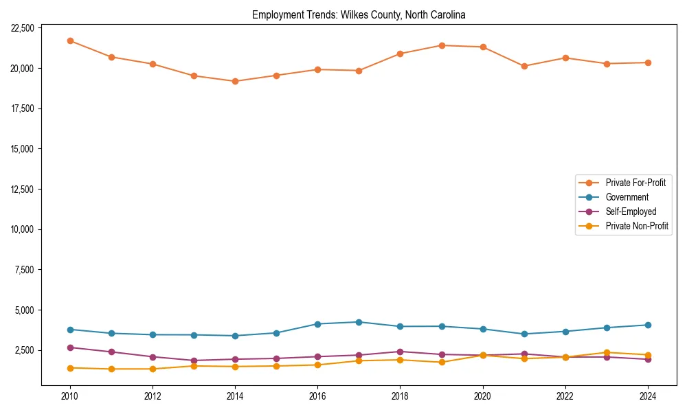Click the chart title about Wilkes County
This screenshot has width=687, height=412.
[359, 15]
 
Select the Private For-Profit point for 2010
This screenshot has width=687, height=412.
[70, 41]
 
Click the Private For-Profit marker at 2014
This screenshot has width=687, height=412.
[235, 81]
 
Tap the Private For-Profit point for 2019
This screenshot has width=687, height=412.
[442, 45]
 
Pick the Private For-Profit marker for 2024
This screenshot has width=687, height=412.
[648, 62]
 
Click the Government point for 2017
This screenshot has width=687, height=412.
[359, 322]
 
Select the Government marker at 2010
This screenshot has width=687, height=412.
[70, 330]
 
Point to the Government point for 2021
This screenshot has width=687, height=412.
[524, 334]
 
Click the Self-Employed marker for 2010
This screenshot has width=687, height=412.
[70, 347]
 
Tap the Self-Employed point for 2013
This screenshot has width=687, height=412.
[194, 360]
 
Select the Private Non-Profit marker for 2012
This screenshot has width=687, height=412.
[153, 369]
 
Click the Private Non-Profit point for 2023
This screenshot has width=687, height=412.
[607, 352]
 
